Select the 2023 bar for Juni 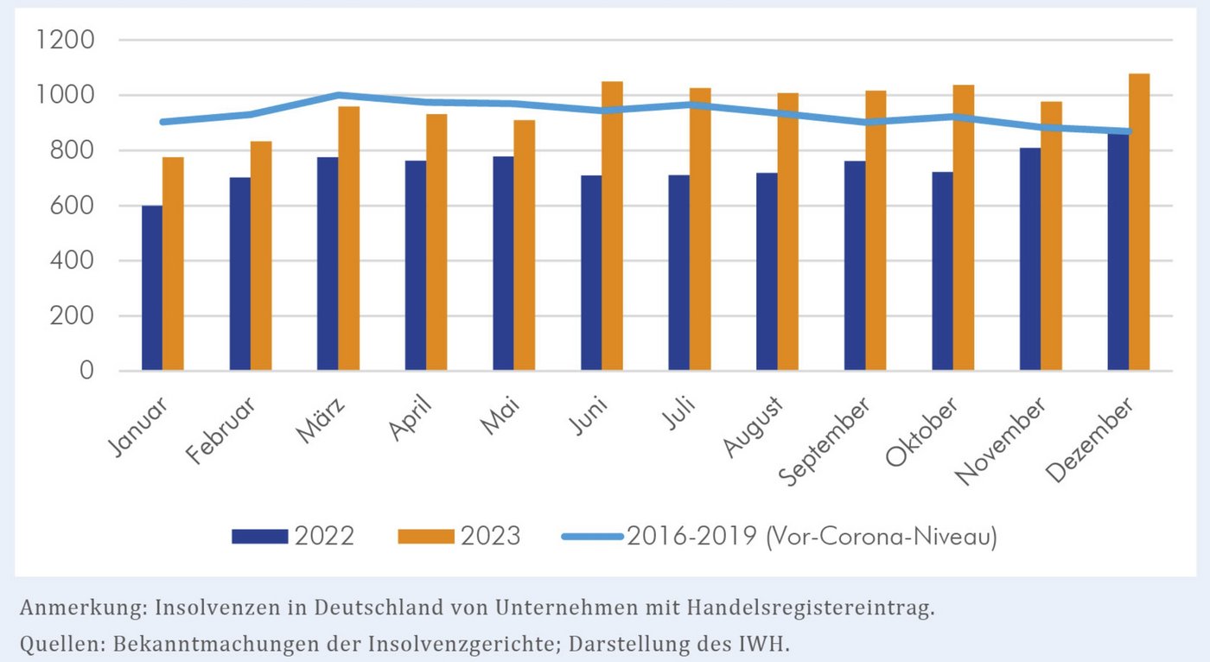point(613,226)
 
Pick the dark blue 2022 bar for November point(1030,259)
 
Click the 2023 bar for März point(349,239)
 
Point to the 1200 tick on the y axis point(66,41)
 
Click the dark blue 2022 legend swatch point(259,537)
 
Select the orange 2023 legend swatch point(425,537)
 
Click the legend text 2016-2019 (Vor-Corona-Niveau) point(812,537)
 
